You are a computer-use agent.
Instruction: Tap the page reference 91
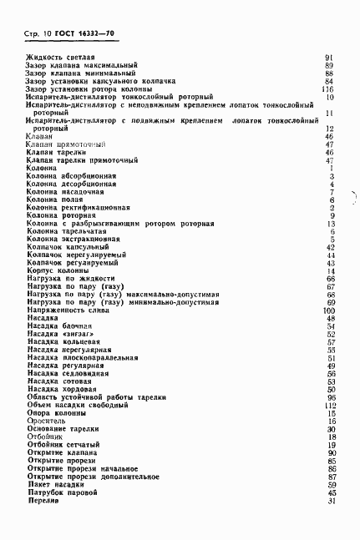pyautogui.click(x=329, y=57)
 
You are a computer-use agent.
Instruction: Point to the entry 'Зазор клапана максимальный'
pyautogui.click(x=81, y=65)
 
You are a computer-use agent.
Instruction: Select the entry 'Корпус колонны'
pyautogui.click(x=58, y=271)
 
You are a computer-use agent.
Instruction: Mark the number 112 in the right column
pyautogui.click(x=328, y=406)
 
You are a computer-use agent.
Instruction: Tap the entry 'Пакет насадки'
pyautogui.click(x=57, y=484)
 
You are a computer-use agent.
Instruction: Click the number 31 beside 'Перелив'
pyautogui.click(x=331, y=500)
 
